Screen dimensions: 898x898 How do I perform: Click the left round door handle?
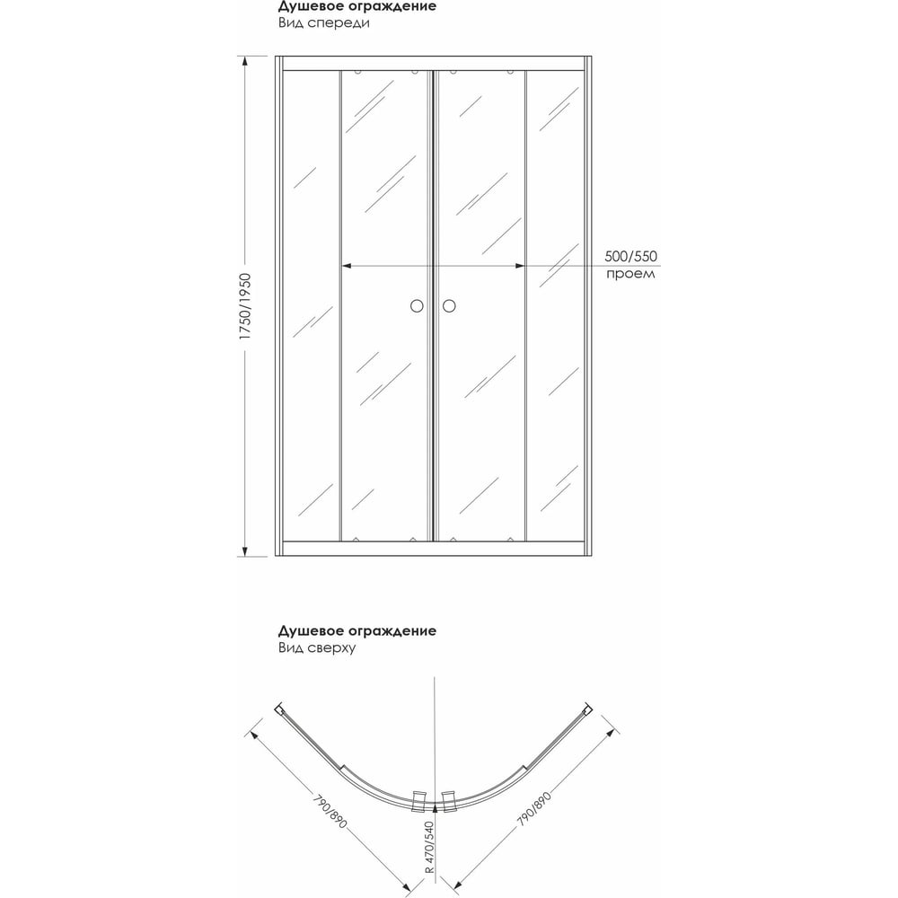417,306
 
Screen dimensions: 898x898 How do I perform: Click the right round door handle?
449,306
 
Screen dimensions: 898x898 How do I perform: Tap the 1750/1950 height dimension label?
245,307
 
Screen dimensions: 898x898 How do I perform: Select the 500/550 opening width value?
630,256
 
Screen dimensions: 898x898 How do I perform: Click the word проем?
630,273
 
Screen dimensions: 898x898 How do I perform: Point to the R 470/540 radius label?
430,847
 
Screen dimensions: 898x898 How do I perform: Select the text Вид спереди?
324,23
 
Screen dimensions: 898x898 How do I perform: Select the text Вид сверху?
317,647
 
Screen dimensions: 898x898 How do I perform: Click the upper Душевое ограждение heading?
357,7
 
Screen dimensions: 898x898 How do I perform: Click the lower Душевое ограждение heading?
357,631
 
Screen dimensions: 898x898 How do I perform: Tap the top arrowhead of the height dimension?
245,61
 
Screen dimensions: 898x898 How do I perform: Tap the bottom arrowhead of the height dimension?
245,551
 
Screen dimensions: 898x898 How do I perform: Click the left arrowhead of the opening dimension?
346,266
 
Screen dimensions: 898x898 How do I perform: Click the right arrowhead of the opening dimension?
520,266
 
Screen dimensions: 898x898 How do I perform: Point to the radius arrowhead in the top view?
435,807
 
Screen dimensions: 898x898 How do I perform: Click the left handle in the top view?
419,801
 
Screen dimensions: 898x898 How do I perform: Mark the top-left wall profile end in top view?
280,709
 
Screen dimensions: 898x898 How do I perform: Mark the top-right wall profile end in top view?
588,709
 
